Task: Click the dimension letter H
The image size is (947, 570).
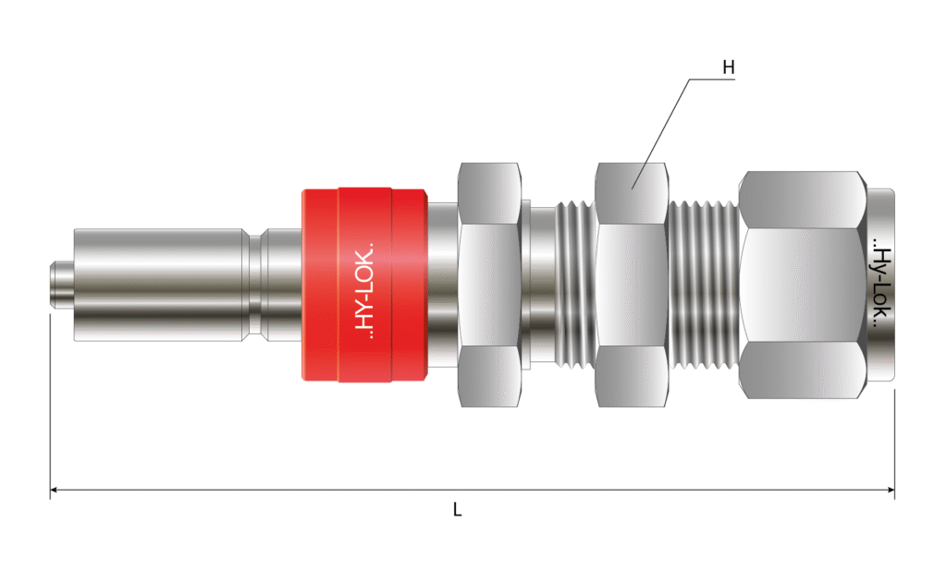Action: click(729, 67)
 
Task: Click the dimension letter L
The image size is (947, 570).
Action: click(457, 510)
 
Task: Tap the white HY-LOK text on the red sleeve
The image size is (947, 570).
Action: click(363, 290)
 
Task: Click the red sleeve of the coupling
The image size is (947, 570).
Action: click(364, 285)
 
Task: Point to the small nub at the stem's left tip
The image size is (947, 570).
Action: click(60, 285)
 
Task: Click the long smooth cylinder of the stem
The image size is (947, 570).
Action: click(161, 285)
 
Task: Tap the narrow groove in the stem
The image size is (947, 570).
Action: click(255, 285)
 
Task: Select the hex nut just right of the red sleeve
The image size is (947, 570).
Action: click(489, 285)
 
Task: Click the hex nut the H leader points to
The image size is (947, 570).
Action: click(631, 285)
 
